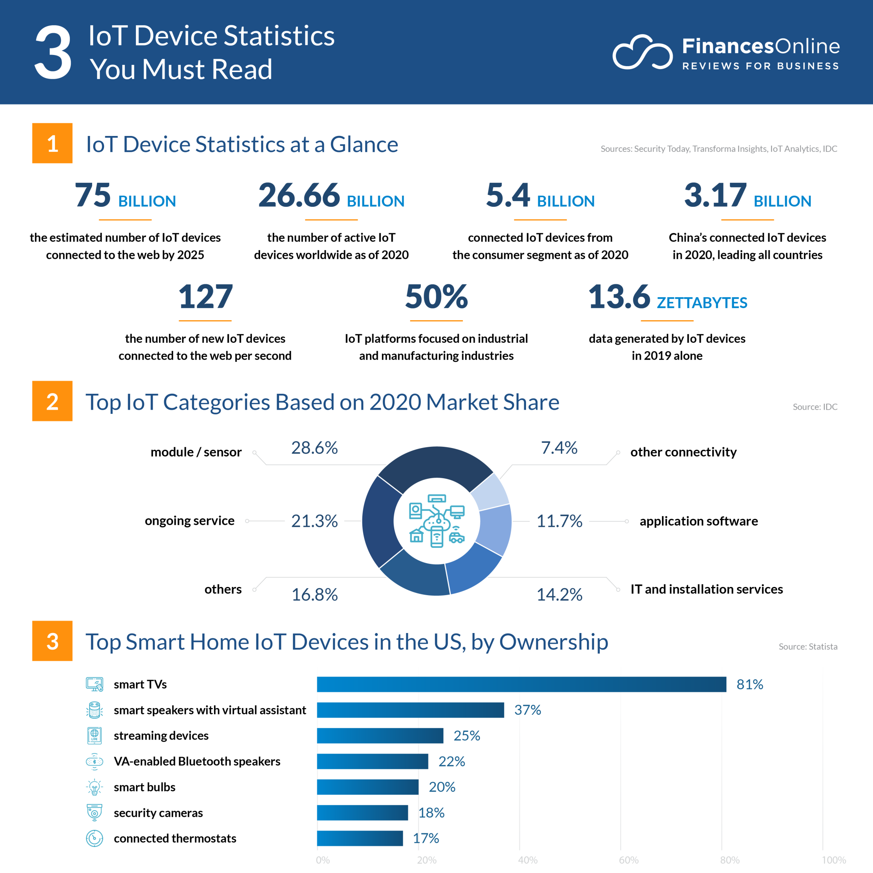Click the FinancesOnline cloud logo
(642, 52)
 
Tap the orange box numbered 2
(52, 401)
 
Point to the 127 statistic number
(205, 297)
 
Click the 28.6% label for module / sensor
(314, 448)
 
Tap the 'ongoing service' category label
(189, 520)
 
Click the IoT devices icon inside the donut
(436, 520)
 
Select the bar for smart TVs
(521, 684)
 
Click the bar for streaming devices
(379, 736)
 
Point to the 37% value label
(527, 710)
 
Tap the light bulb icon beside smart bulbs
(95, 787)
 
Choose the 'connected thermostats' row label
(175, 838)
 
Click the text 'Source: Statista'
(807, 647)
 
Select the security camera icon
(95, 812)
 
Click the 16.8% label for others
(314, 595)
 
